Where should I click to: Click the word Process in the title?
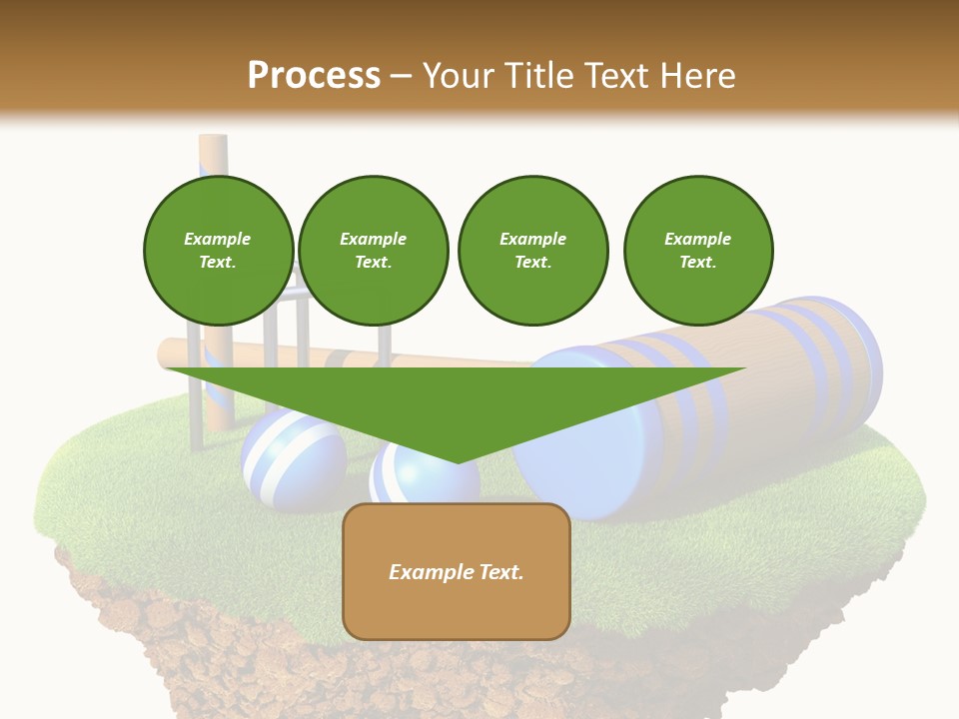[x=314, y=76]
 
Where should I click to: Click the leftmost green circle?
[x=219, y=251]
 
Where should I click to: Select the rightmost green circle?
[x=698, y=251]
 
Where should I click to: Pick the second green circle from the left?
[x=374, y=251]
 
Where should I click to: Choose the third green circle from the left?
[x=532, y=251]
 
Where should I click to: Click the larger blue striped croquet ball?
[x=293, y=459]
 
